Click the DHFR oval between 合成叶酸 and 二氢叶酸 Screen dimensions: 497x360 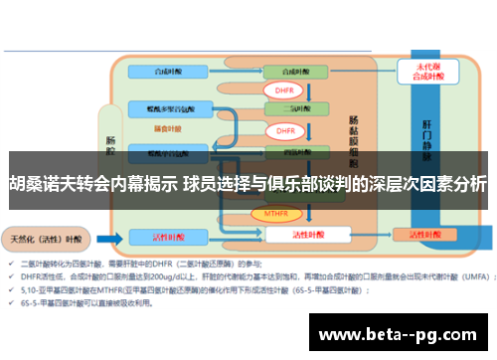284,90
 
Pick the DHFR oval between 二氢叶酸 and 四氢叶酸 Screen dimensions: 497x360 284,131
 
